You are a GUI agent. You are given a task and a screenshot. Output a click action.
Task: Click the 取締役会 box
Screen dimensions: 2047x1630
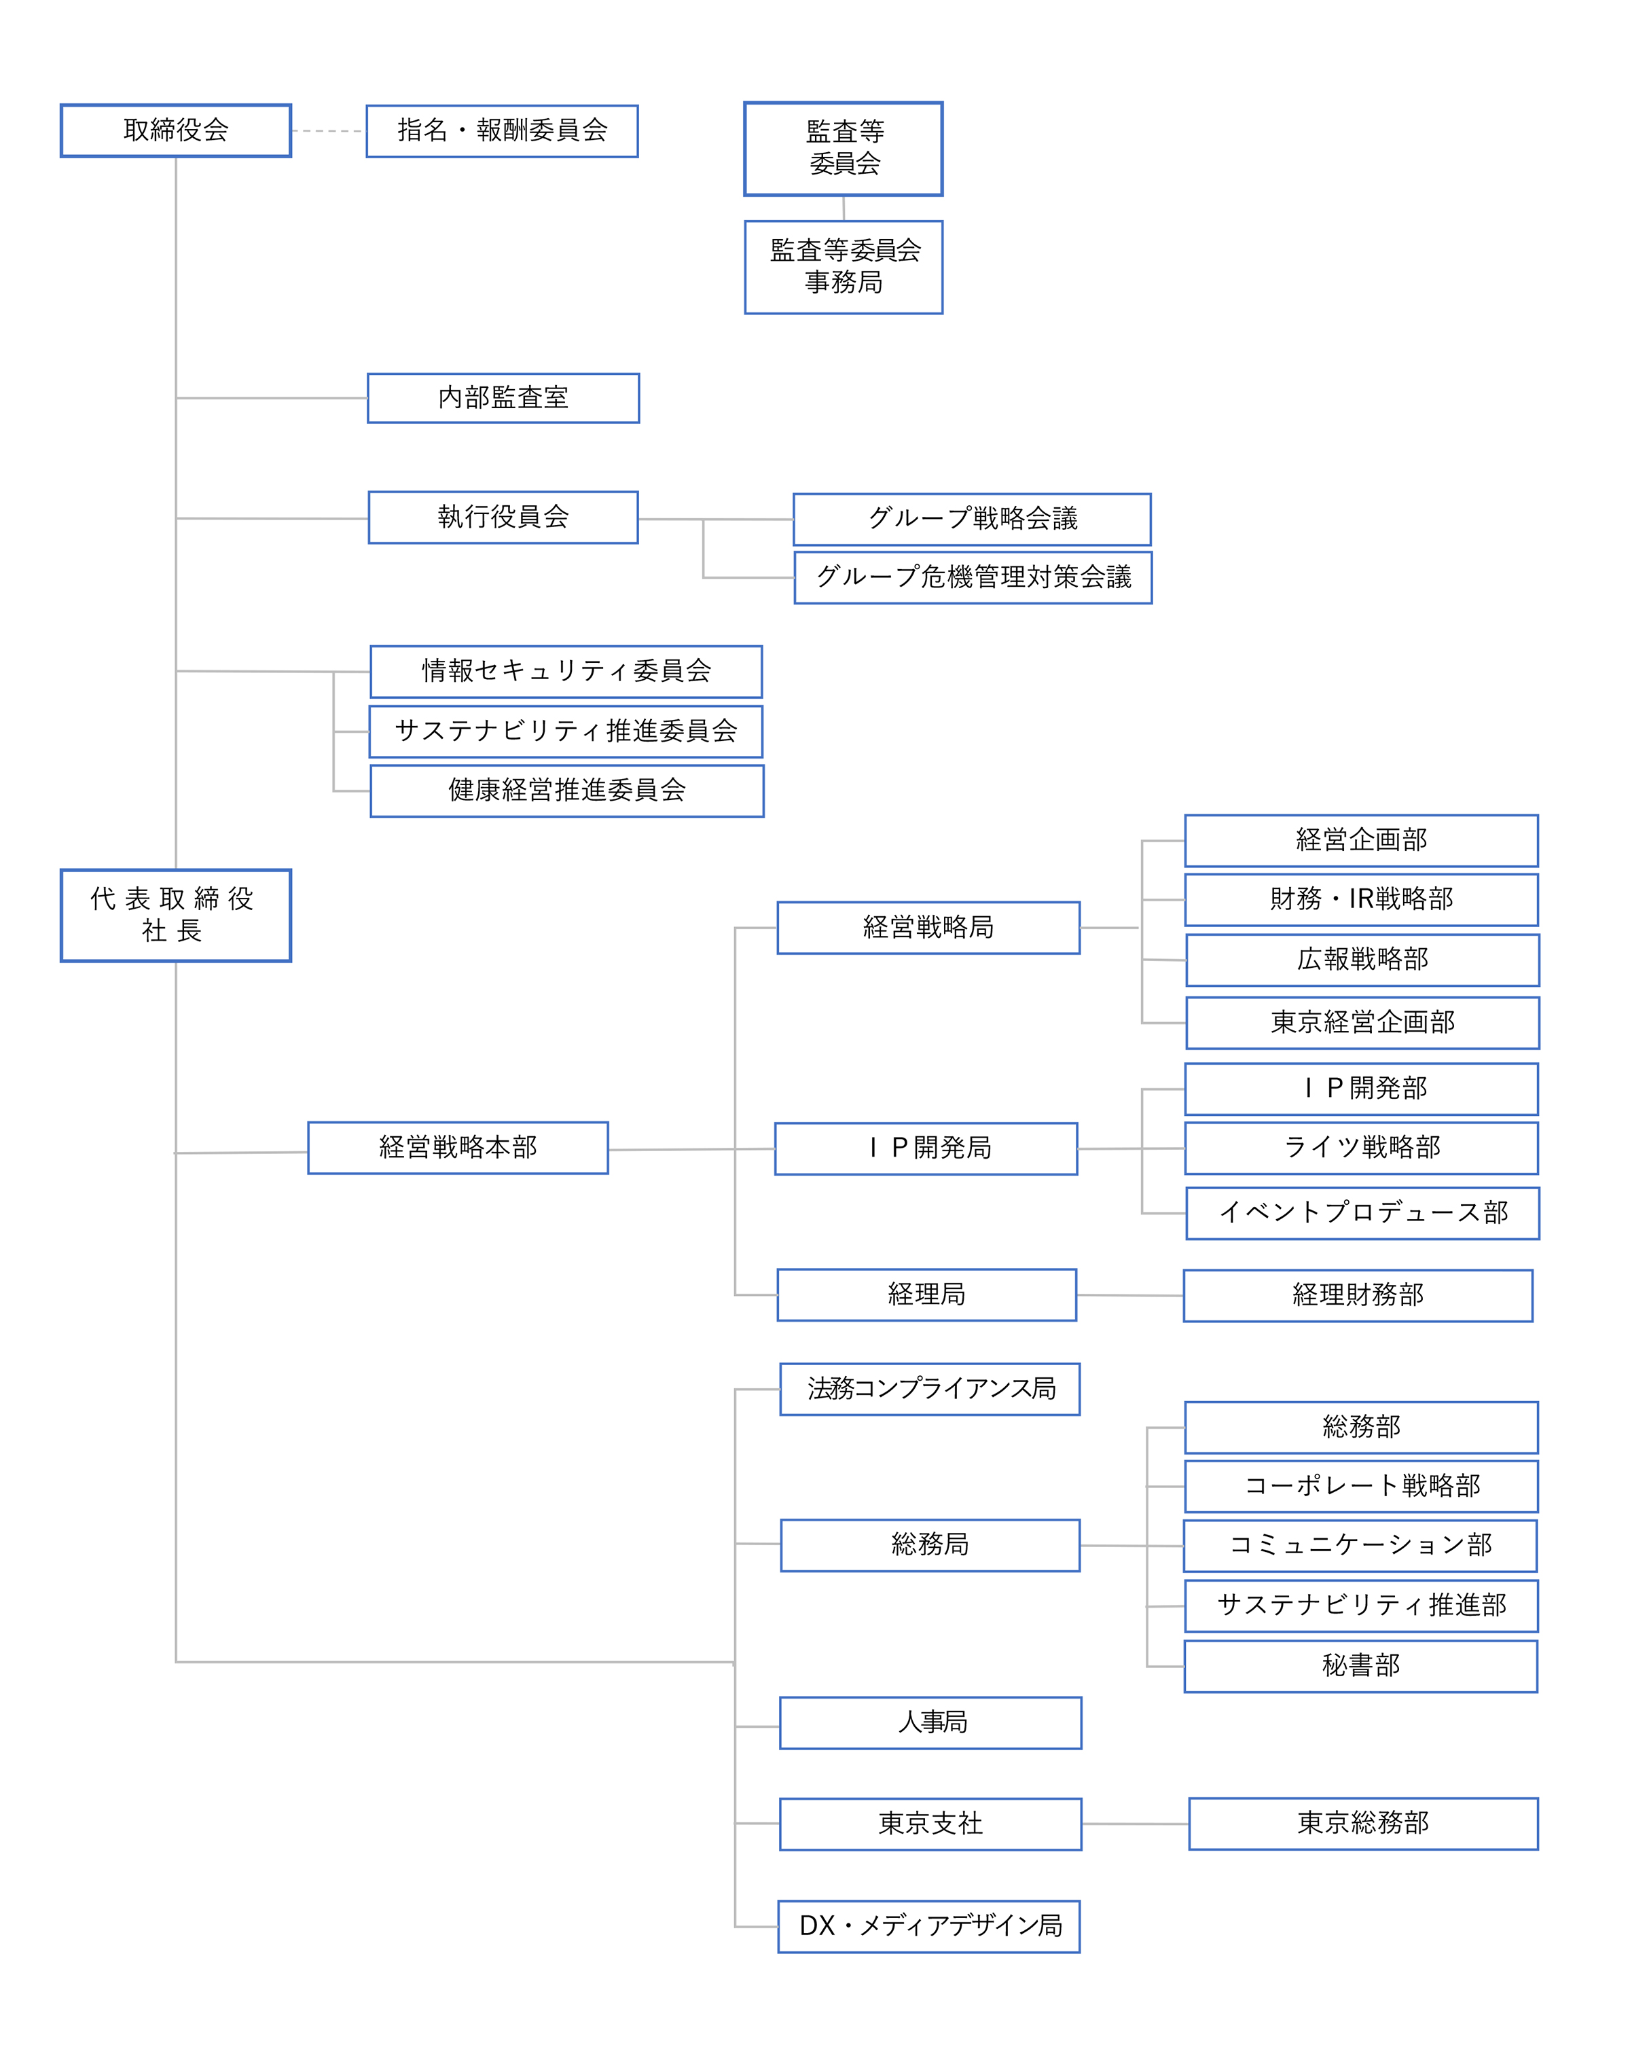(x=176, y=130)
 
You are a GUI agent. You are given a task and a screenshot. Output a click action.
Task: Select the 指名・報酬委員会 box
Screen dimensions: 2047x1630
(x=501, y=131)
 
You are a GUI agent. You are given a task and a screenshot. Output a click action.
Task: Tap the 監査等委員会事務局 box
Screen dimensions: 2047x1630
(x=843, y=267)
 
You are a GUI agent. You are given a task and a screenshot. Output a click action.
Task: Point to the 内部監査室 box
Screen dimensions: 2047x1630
(x=503, y=398)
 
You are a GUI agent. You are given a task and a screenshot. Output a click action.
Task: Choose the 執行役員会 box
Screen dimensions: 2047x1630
(x=503, y=518)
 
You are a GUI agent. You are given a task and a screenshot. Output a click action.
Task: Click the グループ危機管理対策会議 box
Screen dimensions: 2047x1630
(x=973, y=577)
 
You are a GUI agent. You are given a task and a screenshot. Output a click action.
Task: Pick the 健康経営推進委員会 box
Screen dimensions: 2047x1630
(x=566, y=791)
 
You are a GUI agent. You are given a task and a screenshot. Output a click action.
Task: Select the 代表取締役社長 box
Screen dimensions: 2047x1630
(x=176, y=916)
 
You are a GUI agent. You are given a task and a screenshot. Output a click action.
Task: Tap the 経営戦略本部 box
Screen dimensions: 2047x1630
(x=458, y=1148)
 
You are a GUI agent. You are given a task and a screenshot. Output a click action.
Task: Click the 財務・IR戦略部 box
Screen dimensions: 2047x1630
(x=1360, y=899)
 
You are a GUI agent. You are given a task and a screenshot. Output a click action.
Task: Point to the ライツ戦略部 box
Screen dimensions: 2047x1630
(x=1360, y=1148)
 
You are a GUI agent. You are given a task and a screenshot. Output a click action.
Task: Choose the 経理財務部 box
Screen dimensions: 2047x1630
(x=1358, y=1295)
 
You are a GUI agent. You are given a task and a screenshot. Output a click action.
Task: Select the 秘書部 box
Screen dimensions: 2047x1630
(x=1360, y=1665)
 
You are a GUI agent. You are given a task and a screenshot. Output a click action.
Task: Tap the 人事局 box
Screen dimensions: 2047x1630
(x=930, y=1722)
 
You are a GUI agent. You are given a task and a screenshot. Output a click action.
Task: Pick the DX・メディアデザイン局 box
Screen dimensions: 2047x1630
(x=928, y=1925)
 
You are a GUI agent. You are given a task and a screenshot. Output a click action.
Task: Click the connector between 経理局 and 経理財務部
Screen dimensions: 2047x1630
(x=1129, y=1295)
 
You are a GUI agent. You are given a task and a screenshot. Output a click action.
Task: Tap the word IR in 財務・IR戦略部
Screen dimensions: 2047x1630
(x=1360, y=899)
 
